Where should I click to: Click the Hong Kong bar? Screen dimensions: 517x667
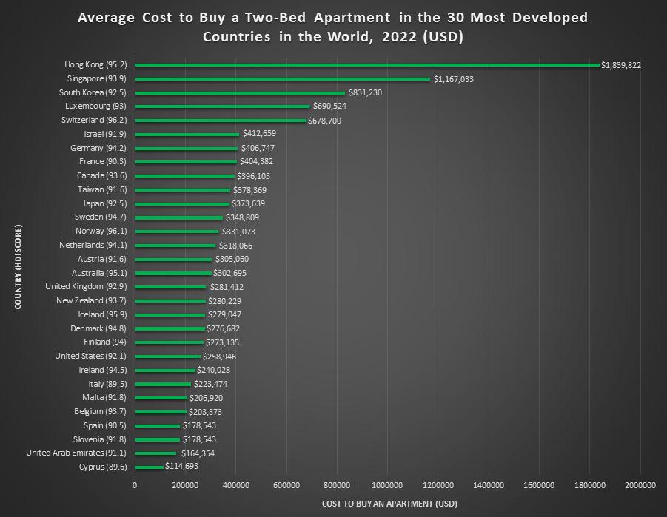click(366, 65)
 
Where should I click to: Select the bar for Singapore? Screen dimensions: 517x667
click(282, 78)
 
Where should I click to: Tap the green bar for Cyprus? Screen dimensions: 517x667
click(149, 467)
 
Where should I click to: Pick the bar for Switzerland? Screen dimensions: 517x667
click(220, 120)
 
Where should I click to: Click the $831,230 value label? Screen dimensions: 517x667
click(365, 92)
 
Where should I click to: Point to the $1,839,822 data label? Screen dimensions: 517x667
click(621, 65)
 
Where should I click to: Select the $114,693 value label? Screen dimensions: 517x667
click(181, 467)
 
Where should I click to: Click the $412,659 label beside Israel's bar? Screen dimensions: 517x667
click(259, 134)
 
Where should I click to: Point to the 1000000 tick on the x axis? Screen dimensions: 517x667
click(387, 485)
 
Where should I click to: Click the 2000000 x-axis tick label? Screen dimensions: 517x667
click(640, 485)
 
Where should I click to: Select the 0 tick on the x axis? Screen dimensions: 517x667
click(135, 485)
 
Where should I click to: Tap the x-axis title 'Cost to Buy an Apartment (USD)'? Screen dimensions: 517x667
click(389, 504)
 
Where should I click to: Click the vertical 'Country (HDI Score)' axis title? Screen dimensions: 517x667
click(16, 267)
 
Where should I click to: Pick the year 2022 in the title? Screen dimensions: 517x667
click(398, 37)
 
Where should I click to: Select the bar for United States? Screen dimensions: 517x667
click(167, 356)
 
